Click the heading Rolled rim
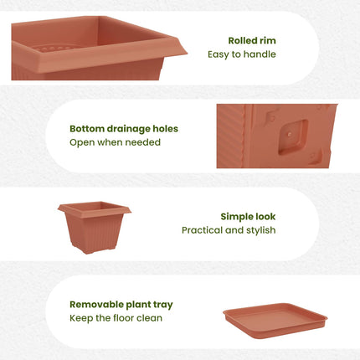[252, 40]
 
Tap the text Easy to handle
[242, 54]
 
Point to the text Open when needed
[115, 142]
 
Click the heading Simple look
[248, 217]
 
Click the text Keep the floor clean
[116, 318]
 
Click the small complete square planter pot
[95, 228]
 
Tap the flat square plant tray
[275, 321]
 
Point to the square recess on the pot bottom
[293, 137]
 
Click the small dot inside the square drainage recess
[290, 135]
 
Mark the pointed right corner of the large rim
[187, 53]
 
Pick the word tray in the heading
[163, 305]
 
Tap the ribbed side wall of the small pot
[94, 233]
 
